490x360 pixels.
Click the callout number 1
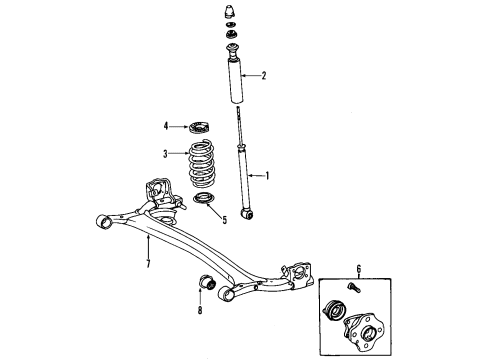(x=266, y=173)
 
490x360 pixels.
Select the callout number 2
(x=264, y=75)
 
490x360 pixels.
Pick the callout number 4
(x=167, y=126)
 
